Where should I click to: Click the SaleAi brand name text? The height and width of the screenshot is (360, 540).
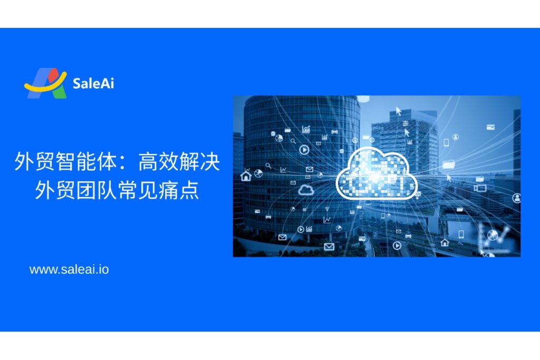(93, 83)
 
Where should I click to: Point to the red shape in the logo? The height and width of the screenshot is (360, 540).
(53, 75)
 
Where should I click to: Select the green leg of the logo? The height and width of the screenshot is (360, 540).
(60, 92)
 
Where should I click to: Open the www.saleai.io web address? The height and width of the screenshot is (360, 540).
(69, 269)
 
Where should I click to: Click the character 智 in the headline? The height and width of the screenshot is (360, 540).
(66, 161)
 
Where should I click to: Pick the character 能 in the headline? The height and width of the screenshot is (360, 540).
(86, 161)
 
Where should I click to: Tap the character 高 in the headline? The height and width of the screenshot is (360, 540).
(148, 161)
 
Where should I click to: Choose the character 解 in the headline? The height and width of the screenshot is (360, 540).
(190, 161)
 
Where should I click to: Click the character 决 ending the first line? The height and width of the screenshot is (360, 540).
(210, 161)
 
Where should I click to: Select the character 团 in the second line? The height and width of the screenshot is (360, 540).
(86, 189)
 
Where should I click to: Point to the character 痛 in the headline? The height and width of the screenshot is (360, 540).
(169, 189)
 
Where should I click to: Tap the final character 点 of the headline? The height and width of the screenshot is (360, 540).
(189, 189)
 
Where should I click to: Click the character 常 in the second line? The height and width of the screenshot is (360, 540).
(128, 189)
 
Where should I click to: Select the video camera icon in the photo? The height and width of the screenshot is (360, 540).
(480, 188)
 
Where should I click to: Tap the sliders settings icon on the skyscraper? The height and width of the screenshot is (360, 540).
(406, 123)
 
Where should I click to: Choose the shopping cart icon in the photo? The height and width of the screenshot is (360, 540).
(304, 209)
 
